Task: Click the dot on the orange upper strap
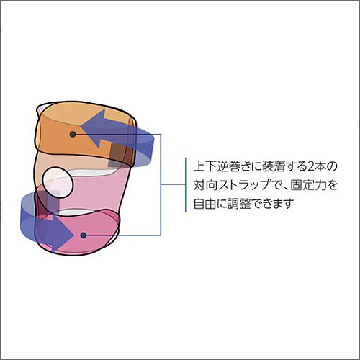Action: click(73, 135)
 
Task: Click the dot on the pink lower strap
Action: click(84, 235)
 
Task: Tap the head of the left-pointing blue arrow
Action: click(92, 128)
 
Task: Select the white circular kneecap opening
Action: click(58, 183)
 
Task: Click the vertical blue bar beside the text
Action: click(186, 185)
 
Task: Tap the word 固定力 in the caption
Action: click(307, 185)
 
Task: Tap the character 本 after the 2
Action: click(322, 166)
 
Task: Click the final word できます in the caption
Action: click(273, 204)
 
